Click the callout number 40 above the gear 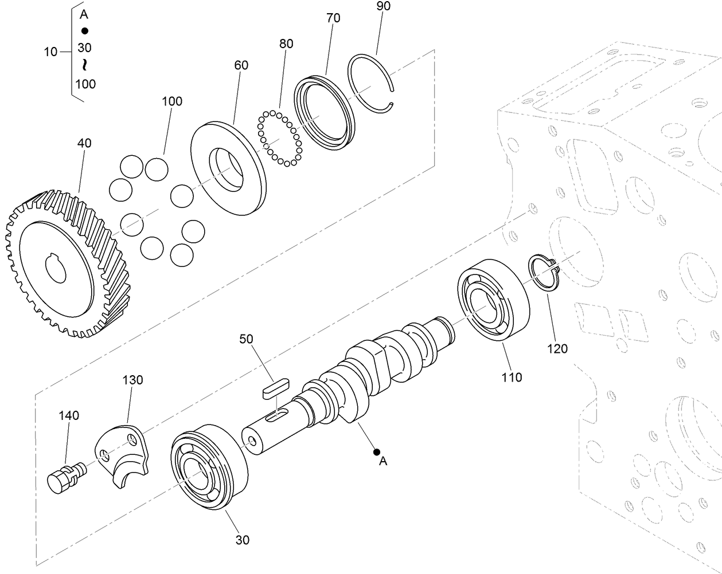[x=84, y=143]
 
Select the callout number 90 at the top [x=383, y=6]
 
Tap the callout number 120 [x=557, y=348]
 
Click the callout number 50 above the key [x=246, y=339]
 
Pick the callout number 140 [x=69, y=415]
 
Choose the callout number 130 [x=132, y=380]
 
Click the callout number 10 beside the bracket [x=50, y=52]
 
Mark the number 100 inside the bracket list [x=85, y=84]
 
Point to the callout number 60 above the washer [x=241, y=65]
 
